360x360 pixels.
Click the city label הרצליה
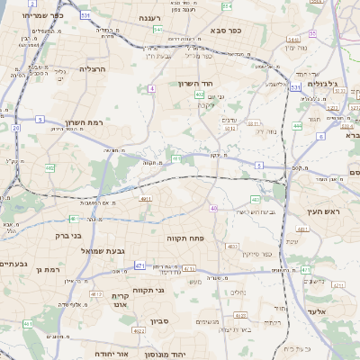pyautogui.click(x=93, y=68)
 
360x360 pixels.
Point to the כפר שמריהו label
pyautogui.click(x=49, y=15)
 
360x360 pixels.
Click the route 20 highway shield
pyautogui.click(x=16, y=128)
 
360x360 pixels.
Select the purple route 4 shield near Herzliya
pyautogui.click(x=152, y=88)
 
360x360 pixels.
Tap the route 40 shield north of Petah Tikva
pyautogui.click(x=213, y=208)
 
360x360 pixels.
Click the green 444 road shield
pyautogui.click(x=297, y=126)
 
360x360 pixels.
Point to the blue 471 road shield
pyautogui.click(x=139, y=265)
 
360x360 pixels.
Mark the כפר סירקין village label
pyautogui.click(x=256, y=255)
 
